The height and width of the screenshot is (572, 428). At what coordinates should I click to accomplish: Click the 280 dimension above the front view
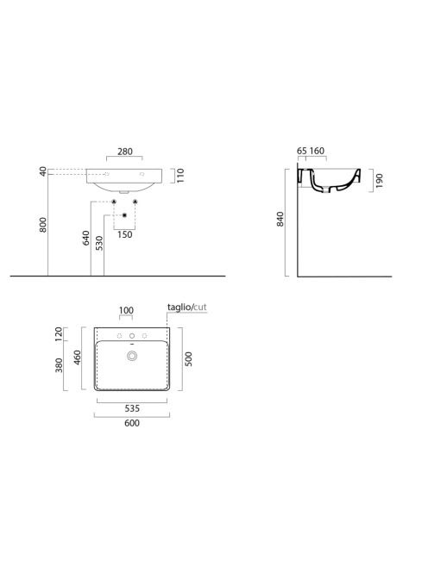tap(125, 152)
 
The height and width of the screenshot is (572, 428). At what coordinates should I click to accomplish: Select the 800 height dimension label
tap(43, 225)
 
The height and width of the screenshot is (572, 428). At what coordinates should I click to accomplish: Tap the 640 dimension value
tap(86, 238)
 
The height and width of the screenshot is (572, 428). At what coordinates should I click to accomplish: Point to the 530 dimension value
tap(99, 243)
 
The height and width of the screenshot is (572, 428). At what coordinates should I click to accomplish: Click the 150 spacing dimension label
tap(124, 234)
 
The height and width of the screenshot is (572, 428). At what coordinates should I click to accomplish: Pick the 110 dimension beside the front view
tap(180, 176)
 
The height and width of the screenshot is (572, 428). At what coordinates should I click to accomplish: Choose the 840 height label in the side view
tap(280, 220)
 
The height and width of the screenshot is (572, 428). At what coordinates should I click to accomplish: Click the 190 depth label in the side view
tap(379, 181)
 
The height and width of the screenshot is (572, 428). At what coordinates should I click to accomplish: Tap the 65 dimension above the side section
tap(302, 151)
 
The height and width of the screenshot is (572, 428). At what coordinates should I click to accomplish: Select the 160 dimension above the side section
tap(317, 151)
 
